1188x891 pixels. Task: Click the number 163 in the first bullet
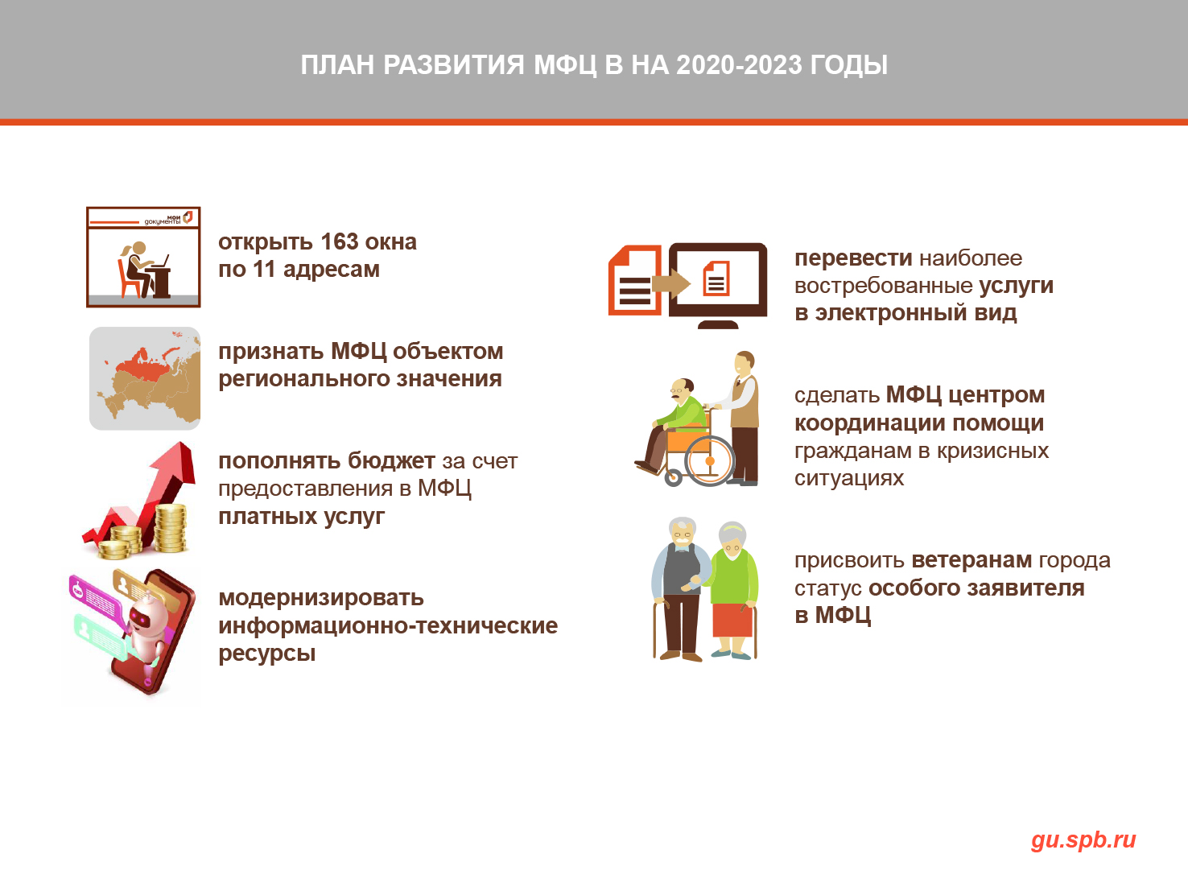point(340,241)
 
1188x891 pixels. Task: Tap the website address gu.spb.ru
point(1083,840)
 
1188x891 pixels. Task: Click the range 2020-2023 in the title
point(739,65)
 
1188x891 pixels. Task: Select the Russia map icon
point(145,378)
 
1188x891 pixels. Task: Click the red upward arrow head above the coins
point(178,460)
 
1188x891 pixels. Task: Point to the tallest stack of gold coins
point(170,528)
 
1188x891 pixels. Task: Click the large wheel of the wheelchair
point(709,460)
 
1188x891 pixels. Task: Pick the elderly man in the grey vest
point(680,588)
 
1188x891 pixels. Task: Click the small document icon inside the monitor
point(716,278)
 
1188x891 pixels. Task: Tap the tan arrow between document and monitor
point(670,283)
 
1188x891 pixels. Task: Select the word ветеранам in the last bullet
point(971,560)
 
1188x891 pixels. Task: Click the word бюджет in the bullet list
point(390,461)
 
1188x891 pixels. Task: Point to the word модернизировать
point(321,598)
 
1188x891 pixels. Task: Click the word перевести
point(853,258)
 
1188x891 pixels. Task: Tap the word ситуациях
point(849,478)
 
